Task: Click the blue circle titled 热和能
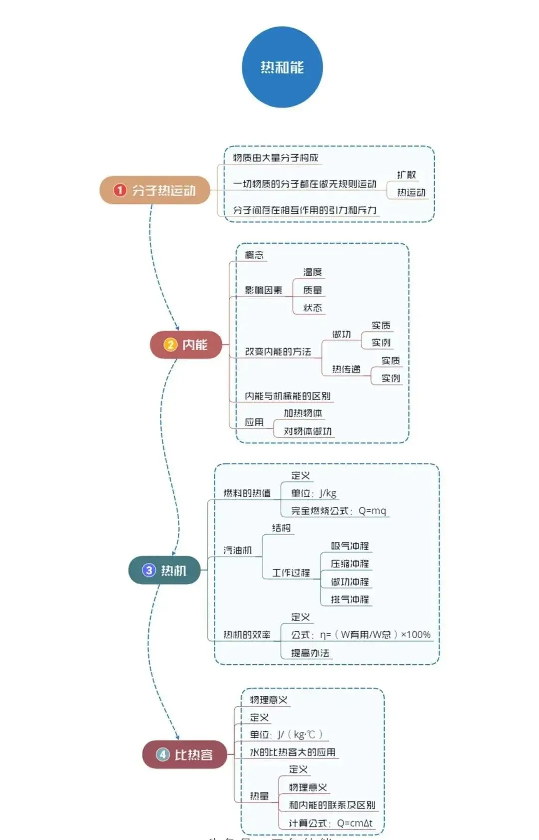[282, 67]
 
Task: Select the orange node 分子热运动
[155, 190]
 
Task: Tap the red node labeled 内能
[186, 345]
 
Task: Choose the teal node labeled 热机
[165, 570]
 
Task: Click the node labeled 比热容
[185, 755]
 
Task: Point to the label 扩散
[406, 175]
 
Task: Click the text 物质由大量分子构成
[275, 158]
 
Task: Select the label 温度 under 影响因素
[313, 272]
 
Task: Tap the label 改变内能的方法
[278, 352]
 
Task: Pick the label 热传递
[346, 369]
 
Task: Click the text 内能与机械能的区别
[287, 396]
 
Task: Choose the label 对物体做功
[308, 431]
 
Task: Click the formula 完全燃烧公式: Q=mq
[339, 511]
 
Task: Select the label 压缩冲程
[350, 564]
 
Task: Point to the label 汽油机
[237, 550]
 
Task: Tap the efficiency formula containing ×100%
[361, 635]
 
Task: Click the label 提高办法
[310, 653]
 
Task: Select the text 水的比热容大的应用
[292, 752]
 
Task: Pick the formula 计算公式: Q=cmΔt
[330, 823]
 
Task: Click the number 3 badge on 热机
[149, 570]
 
